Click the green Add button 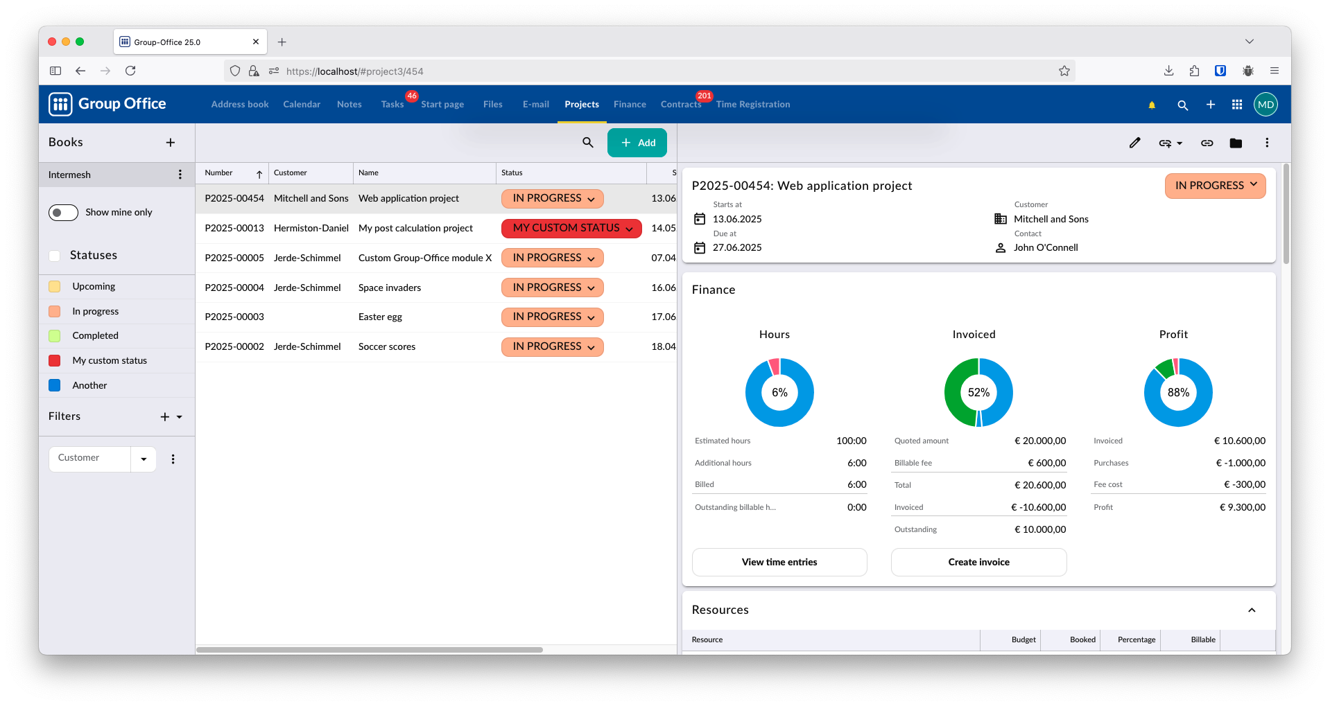point(637,143)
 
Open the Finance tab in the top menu point(630,105)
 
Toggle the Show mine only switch point(63,213)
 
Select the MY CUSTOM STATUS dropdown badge point(571,228)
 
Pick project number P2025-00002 point(234,346)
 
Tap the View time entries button point(779,562)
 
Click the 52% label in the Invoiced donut point(978,392)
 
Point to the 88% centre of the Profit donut point(1178,392)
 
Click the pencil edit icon point(1134,143)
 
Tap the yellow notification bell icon point(1152,105)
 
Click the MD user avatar point(1266,105)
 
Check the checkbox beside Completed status point(55,336)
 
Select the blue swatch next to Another point(55,385)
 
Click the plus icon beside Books point(171,143)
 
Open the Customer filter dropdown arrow point(144,459)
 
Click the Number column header point(218,173)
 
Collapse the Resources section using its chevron point(1252,610)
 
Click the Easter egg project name point(380,317)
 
